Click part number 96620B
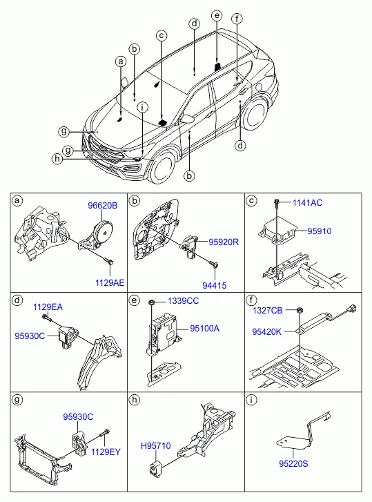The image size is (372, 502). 103,206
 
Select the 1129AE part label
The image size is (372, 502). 110,282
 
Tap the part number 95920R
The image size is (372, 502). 224,242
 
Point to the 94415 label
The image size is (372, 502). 215,285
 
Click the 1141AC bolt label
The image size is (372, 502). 307,202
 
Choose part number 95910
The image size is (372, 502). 320,231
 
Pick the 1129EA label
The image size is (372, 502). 48,307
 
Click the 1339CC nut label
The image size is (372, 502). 184,301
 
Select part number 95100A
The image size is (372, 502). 205,329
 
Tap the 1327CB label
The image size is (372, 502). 267,311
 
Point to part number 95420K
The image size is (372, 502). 267,331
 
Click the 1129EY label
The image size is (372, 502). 106,452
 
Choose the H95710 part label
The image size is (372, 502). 156,445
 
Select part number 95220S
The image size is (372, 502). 293,463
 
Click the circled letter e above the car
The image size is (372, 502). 217,15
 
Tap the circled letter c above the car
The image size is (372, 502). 161,35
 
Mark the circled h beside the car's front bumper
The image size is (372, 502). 57,159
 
